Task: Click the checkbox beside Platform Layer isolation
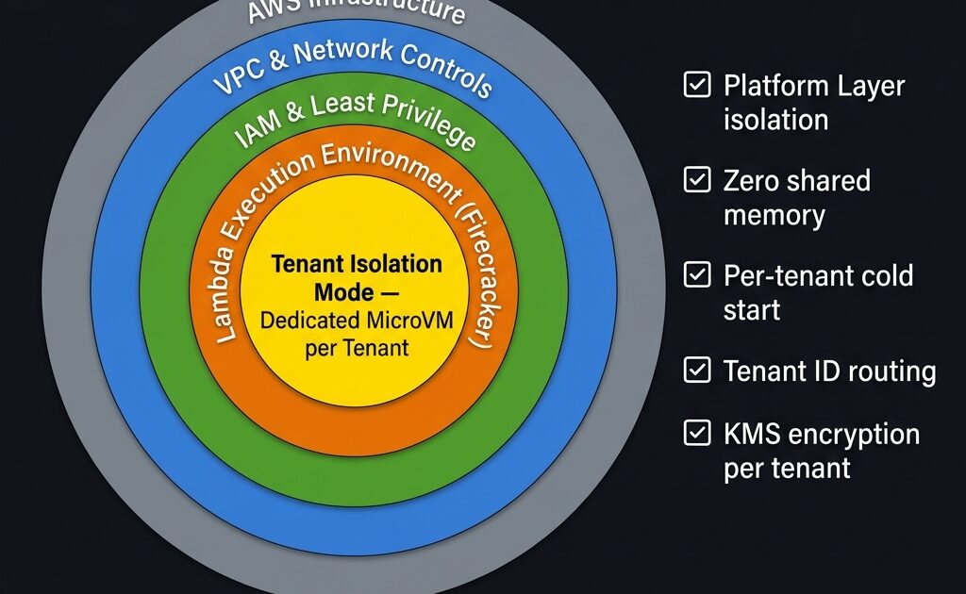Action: pos(697,86)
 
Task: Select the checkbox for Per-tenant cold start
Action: pos(697,275)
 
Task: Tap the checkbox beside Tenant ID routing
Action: pos(697,371)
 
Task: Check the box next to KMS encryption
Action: pos(697,434)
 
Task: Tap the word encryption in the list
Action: pos(855,436)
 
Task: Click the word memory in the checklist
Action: pos(774,215)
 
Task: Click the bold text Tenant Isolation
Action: pos(357,264)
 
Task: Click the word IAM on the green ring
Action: pos(253,133)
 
